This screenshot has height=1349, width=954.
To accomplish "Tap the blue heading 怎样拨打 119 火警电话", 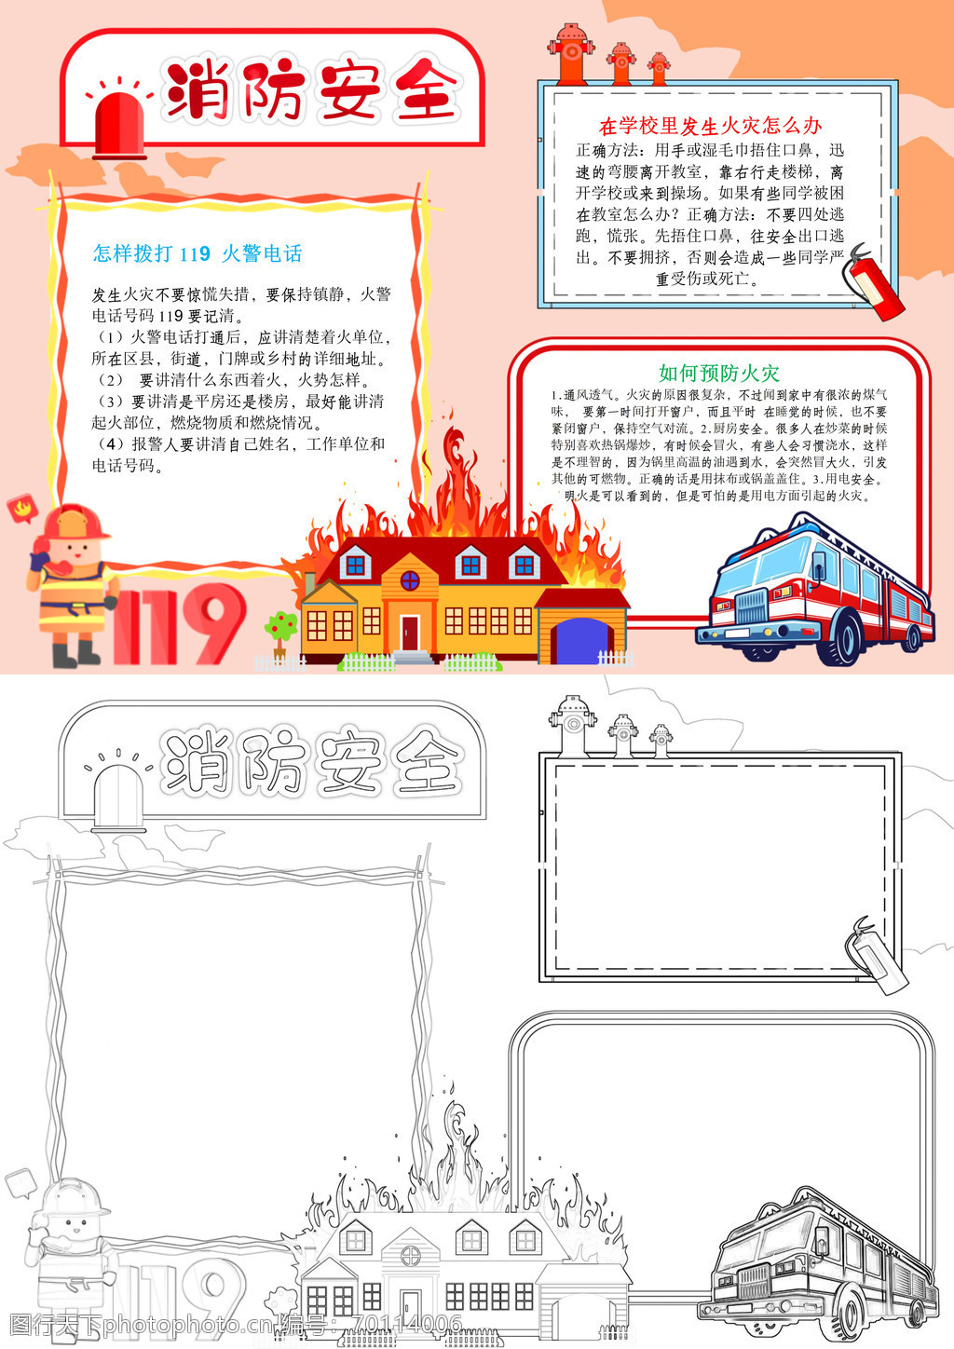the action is (198, 253).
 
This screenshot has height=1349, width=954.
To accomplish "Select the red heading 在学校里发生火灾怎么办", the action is (710, 126).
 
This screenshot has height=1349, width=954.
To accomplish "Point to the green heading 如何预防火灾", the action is (719, 374).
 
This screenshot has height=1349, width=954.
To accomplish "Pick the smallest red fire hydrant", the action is (659, 69).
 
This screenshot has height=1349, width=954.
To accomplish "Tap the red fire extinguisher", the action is (871, 283).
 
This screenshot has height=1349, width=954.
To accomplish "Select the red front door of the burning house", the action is (410, 633).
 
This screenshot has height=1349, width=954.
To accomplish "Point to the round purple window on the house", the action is (410, 581).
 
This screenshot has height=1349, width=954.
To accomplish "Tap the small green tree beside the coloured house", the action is (280, 633).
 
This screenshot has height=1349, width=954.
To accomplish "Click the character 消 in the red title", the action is (198, 89).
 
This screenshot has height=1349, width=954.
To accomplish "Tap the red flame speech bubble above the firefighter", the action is (21, 509).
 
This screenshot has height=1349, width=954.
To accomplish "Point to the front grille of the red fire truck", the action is (751, 606).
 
